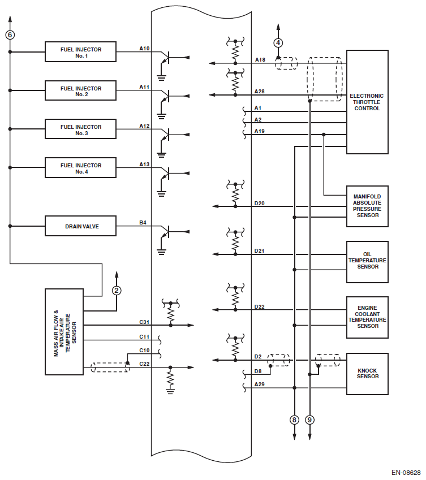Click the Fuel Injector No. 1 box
[81, 52]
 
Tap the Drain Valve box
[81, 226]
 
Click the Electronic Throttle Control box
[367, 102]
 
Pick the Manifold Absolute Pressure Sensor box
[367, 206]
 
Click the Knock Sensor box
[367, 374]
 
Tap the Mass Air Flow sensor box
[64, 332]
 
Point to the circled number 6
[10, 34]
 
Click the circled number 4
[278, 42]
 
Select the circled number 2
[117, 291]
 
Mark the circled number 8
[294, 420]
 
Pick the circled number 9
[309, 420]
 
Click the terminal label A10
[144, 49]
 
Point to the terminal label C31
[144, 322]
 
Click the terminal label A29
[260, 384]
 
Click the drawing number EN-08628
[406, 472]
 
